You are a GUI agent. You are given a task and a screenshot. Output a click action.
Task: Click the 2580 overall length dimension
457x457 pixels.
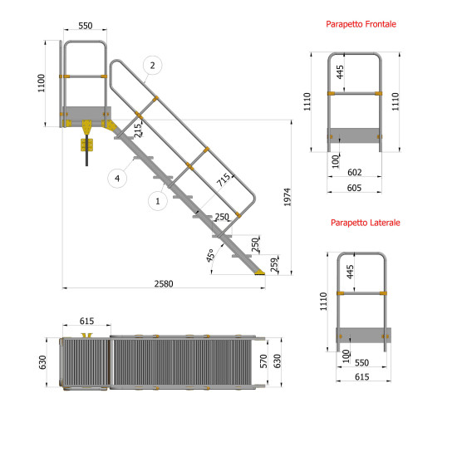165,283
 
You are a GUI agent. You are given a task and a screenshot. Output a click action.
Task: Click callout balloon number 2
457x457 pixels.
151,65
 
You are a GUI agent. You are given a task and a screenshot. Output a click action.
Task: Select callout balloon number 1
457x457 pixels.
157,200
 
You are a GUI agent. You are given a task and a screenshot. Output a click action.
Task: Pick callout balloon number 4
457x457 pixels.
116,178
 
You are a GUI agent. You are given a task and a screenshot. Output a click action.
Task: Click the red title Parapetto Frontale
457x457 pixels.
361,25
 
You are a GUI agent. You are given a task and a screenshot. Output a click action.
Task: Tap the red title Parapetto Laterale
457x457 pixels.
365,223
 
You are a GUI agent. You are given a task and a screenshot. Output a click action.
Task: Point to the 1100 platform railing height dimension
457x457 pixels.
42,83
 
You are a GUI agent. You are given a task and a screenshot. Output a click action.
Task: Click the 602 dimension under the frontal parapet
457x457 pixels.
354,172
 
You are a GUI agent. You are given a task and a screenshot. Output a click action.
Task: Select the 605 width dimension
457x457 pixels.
354,189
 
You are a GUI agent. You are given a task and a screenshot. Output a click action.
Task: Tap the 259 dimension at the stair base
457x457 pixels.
274,264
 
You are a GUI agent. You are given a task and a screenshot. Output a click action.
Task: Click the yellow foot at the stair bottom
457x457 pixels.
261,270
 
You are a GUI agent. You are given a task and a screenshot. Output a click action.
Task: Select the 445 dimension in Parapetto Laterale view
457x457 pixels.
351,272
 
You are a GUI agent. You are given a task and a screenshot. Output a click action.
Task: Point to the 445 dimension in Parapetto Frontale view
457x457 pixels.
340,73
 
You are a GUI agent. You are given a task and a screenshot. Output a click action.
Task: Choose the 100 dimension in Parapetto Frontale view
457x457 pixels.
337,160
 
